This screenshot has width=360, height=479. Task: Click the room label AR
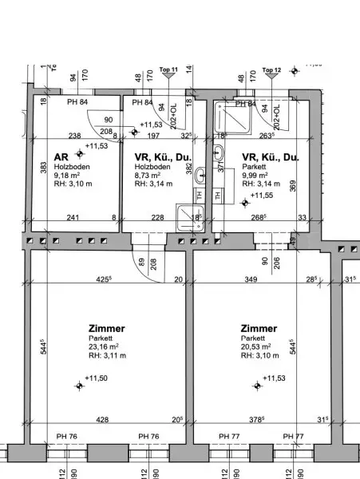point(60,158)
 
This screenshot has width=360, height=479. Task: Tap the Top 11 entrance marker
point(168,70)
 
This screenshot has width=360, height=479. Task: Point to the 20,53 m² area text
point(255,347)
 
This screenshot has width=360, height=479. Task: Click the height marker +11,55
point(262,194)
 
